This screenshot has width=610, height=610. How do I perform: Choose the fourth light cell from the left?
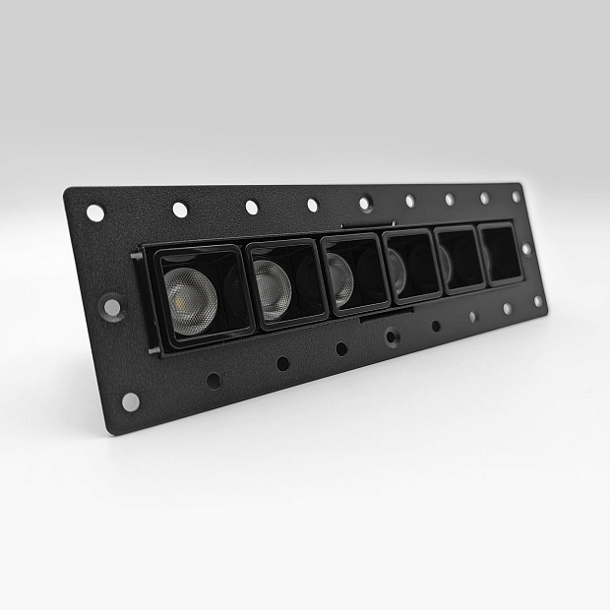[x=411, y=266]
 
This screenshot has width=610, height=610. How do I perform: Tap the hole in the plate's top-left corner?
[x=95, y=212]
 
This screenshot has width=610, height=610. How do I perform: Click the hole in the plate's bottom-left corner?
[x=130, y=401]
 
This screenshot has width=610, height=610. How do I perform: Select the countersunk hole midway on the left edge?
[x=112, y=306]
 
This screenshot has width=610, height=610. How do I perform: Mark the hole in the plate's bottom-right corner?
[x=538, y=302]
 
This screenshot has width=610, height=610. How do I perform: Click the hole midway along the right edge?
[x=526, y=249]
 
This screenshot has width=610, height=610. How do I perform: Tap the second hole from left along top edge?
[x=180, y=210]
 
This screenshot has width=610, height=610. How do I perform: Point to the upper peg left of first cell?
[x=135, y=257]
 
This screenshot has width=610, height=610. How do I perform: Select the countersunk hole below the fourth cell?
[x=392, y=336]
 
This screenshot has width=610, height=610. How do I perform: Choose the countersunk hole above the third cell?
[x=365, y=204]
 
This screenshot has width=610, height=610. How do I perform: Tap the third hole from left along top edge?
[x=252, y=207]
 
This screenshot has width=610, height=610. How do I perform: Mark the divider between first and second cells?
[x=244, y=285]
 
